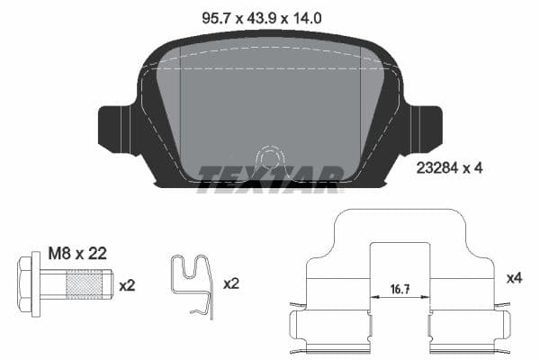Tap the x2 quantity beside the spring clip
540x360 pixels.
pyautogui.click(x=231, y=283)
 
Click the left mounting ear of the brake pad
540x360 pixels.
pyautogui.click(x=114, y=126)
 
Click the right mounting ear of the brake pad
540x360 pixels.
pyautogui.click(x=424, y=126)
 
